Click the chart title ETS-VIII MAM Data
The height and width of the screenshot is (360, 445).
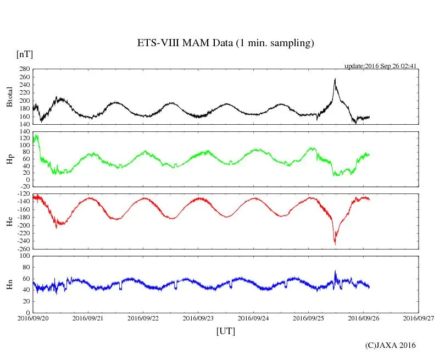pos(225,43)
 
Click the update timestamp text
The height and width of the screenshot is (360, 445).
pos(381,66)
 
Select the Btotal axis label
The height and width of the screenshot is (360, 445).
pos(9,96)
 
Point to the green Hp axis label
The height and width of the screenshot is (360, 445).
pos(9,159)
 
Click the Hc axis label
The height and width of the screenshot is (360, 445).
pos(9,221)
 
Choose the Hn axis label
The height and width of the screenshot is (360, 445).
pos(9,284)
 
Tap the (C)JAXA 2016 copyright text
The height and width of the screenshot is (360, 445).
pos(391,345)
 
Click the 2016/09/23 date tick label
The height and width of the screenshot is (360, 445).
pos(199,318)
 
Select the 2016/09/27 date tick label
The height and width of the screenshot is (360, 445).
pos(419,318)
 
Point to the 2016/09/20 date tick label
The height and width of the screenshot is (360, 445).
pos(34,318)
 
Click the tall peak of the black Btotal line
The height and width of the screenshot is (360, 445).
pos(335,79)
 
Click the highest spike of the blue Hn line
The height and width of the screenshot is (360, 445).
pos(335,271)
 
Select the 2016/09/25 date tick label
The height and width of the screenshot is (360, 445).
pos(309,318)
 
